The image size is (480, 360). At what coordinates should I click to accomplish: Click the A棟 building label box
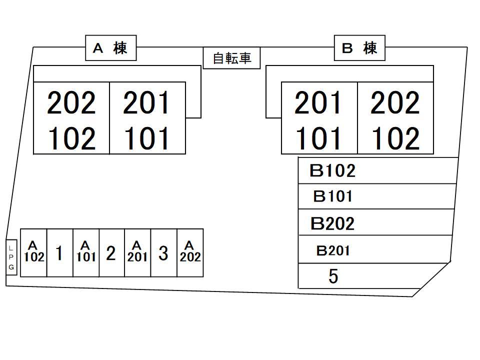click(110, 48)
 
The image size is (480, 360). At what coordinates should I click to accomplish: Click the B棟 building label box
click(359, 48)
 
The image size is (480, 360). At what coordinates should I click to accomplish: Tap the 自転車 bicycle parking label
click(232, 58)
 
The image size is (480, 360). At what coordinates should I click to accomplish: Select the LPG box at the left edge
click(11, 257)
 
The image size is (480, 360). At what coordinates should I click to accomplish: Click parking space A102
click(33, 252)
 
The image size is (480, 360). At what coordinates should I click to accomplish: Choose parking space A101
click(85, 252)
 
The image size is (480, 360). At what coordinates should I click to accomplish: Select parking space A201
click(137, 252)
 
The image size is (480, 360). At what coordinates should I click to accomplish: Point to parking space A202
click(190, 252)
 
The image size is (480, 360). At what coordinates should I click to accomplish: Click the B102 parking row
click(377, 171)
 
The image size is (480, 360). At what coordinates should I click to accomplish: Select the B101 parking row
click(376, 196)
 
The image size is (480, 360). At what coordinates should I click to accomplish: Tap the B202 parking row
click(375, 223)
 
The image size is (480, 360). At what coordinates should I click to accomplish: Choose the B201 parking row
click(374, 250)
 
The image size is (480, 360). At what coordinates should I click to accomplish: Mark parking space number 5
click(360, 276)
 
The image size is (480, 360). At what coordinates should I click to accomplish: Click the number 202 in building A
click(71, 102)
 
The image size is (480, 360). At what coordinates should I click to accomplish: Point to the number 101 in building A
click(147, 138)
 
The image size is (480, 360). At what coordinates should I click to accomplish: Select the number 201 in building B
click(318, 102)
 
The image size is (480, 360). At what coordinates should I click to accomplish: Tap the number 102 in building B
click(395, 138)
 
